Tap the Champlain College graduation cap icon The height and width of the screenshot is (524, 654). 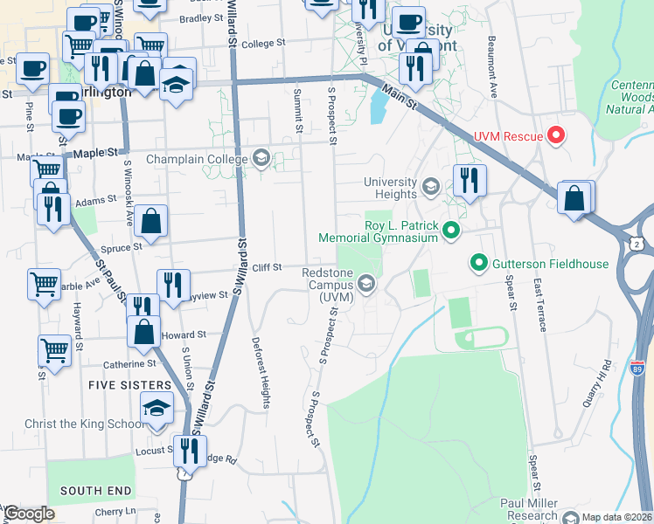[260, 158]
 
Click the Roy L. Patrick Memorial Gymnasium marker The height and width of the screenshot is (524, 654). [451, 231]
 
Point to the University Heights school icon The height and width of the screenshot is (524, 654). [430, 186]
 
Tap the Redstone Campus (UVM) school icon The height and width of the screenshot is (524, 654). [366, 283]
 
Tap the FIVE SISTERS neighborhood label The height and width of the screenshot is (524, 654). [129, 385]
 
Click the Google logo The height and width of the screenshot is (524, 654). [29, 514]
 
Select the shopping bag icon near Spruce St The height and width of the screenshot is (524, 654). [151, 221]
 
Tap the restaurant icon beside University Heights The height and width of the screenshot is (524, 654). [470, 181]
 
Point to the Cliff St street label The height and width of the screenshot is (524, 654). [267, 267]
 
